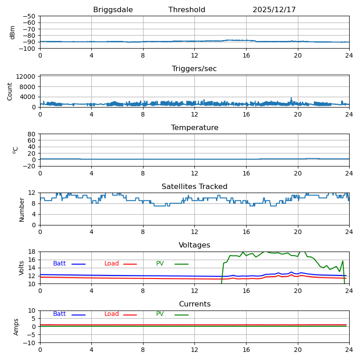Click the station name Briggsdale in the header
tap(113, 10)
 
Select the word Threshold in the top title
tap(187, 10)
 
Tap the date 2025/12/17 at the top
tap(274, 10)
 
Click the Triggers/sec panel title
tap(194, 69)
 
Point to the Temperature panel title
tap(194, 128)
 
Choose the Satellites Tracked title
tap(194, 187)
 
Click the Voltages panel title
tap(194, 245)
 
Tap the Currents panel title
tap(194, 304)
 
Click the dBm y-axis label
tap(13, 32)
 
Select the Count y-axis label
tap(10, 91)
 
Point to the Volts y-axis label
tap(22, 268)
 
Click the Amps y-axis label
tap(16, 327)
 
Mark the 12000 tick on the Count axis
tap(27, 76)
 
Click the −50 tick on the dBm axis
tap(29, 16)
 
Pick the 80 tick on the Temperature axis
tap(32, 134)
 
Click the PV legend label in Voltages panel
tap(160, 264)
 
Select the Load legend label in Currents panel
tap(112, 314)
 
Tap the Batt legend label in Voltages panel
tap(59, 264)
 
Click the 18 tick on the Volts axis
tap(32, 252)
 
